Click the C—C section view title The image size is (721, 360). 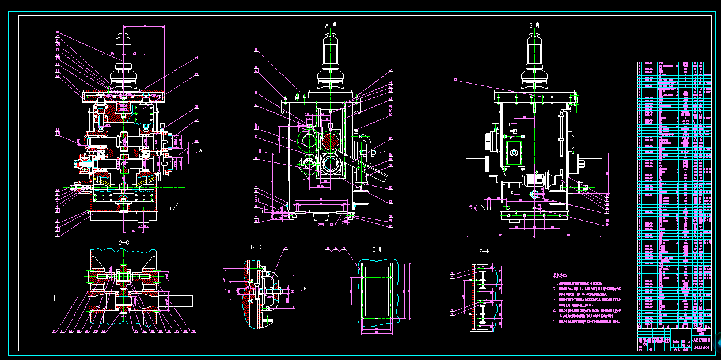point(123,243)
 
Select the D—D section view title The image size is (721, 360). point(256,247)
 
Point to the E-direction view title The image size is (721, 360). point(377,250)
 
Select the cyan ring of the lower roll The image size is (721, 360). point(331,164)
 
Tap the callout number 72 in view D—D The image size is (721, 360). point(284,249)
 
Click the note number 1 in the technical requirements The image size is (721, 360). point(555,283)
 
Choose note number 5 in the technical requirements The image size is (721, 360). point(555,323)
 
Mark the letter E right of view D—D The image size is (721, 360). point(305,288)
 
